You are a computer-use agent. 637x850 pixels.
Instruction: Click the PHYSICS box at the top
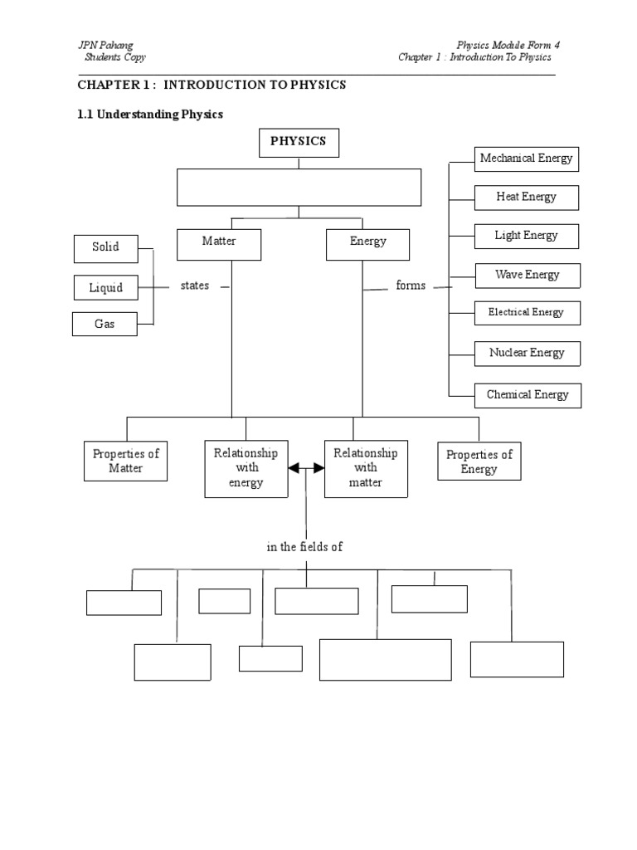click(x=299, y=142)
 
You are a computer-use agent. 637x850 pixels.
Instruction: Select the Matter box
click(x=219, y=243)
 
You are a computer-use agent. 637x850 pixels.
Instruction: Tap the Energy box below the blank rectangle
click(x=367, y=243)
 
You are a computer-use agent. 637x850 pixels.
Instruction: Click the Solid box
click(x=105, y=248)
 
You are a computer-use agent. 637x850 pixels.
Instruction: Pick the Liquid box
click(x=105, y=288)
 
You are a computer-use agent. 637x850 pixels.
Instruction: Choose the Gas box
click(x=105, y=325)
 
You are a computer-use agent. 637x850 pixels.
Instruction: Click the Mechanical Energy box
click(x=527, y=159)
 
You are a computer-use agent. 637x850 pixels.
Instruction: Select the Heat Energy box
click(x=527, y=198)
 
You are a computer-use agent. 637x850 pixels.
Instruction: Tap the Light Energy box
click(x=527, y=236)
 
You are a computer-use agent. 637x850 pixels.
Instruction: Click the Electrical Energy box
click(x=527, y=313)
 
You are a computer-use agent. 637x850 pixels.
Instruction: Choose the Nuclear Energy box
click(x=527, y=353)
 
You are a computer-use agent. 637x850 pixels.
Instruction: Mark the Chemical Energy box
click(x=528, y=395)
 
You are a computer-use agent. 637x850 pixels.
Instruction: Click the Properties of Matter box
click(x=125, y=461)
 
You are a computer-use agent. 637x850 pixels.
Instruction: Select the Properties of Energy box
click(x=479, y=461)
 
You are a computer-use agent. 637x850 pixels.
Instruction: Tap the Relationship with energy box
click(x=246, y=468)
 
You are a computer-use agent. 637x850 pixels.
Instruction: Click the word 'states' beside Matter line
click(x=195, y=286)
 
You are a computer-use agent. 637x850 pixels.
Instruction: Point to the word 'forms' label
click(x=411, y=286)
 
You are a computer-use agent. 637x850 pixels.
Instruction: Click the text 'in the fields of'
click(x=304, y=547)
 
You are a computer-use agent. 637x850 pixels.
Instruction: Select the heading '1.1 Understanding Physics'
click(x=150, y=115)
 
